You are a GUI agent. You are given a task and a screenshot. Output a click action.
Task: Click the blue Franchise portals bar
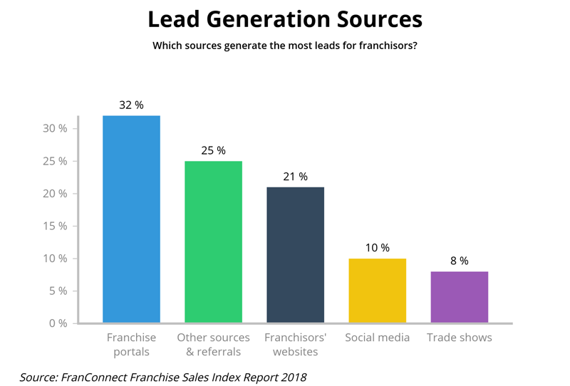coord(131,219)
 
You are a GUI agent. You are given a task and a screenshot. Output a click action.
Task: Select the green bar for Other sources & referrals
coord(213,242)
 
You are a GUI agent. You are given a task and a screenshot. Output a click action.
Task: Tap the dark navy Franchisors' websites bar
coord(295,255)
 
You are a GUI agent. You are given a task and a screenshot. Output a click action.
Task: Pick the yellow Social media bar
coord(378,291)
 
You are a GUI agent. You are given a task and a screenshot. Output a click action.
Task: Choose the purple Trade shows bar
coord(460,297)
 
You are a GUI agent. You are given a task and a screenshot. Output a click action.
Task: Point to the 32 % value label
coord(131,105)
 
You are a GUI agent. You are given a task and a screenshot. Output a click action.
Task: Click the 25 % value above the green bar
coord(213,150)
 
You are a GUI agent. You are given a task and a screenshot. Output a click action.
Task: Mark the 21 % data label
coord(295,177)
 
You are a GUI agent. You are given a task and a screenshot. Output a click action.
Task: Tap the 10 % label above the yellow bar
coord(378,248)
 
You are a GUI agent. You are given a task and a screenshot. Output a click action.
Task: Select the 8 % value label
coord(460,261)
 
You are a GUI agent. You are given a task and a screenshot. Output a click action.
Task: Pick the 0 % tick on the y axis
coord(57,323)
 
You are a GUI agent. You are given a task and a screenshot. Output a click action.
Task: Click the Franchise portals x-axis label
coord(131,345)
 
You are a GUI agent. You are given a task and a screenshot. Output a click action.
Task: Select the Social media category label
coord(378,338)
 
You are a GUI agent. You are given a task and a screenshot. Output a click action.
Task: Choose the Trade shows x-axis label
coord(460,338)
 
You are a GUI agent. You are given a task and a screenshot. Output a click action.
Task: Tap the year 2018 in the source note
coord(294,377)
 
